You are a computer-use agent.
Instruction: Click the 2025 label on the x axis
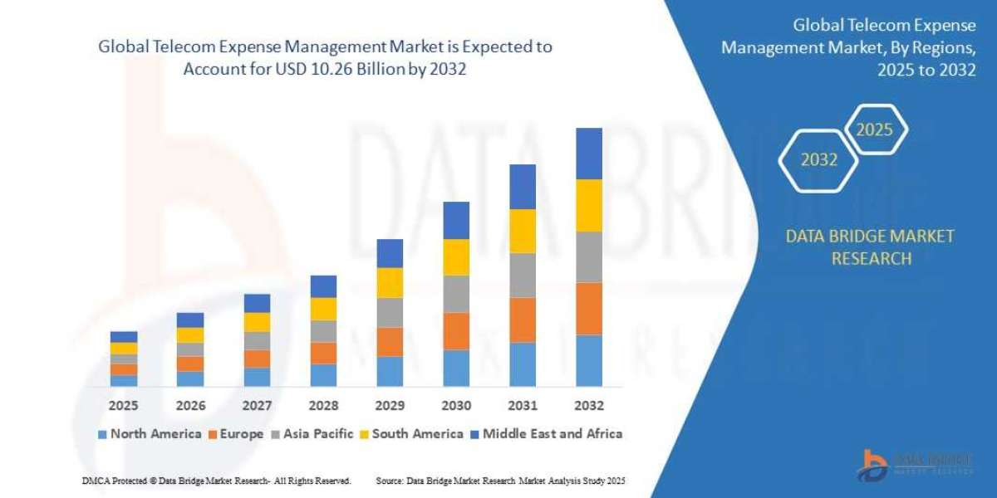pyautogui.click(x=124, y=406)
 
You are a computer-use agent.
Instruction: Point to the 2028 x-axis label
pyautogui.click(x=323, y=406)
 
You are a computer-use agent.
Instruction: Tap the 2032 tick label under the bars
pyautogui.click(x=588, y=406)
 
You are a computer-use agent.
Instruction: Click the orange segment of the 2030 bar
pyautogui.click(x=456, y=330)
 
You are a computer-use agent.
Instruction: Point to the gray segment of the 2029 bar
pyautogui.click(x=390, y=312)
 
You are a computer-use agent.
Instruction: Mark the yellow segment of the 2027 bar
pyautogui.click(x=257, y=322)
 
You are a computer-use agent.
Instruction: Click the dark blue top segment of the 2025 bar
pyautogui.click(x=124, y=337)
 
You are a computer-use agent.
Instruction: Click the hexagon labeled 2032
pyautogui.click(x=818, y=160)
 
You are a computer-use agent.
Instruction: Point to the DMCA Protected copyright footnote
pyautogui.click(x=217, y=481)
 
